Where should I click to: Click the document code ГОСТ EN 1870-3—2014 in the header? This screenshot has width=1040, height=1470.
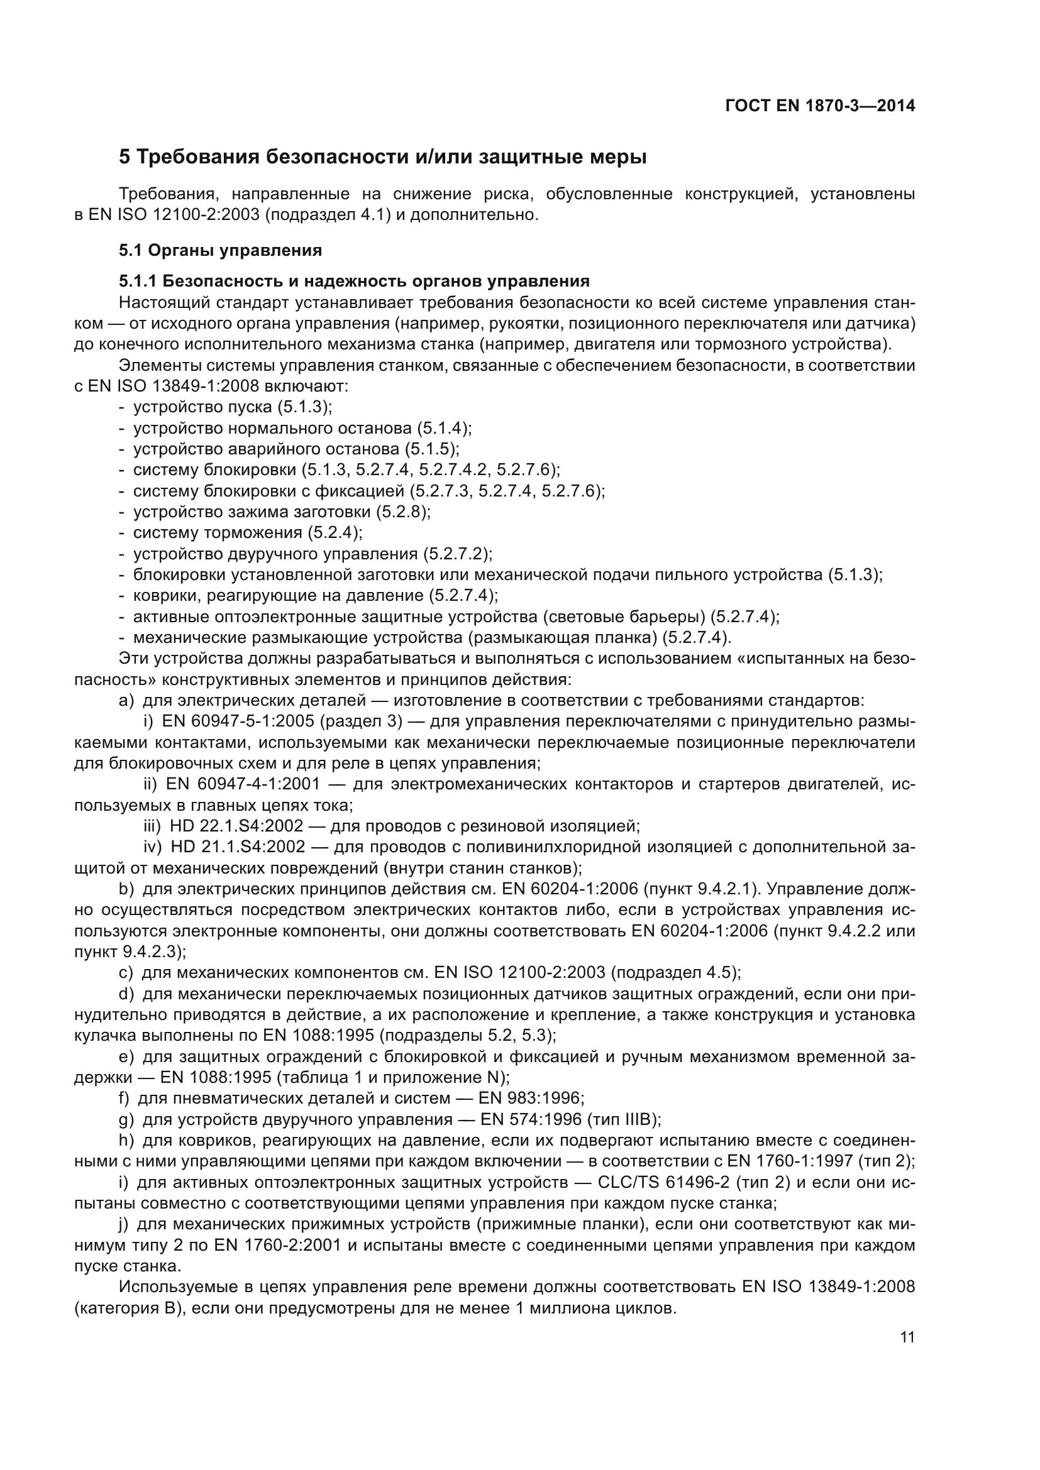click(820, 106)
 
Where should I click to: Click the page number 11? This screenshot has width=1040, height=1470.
click(907, 1337)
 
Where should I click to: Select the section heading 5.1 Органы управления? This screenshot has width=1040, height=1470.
click(220, 250)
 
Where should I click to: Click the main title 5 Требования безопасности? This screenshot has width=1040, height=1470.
click(382, 157)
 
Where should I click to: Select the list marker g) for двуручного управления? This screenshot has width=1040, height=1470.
click(126, 1120)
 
